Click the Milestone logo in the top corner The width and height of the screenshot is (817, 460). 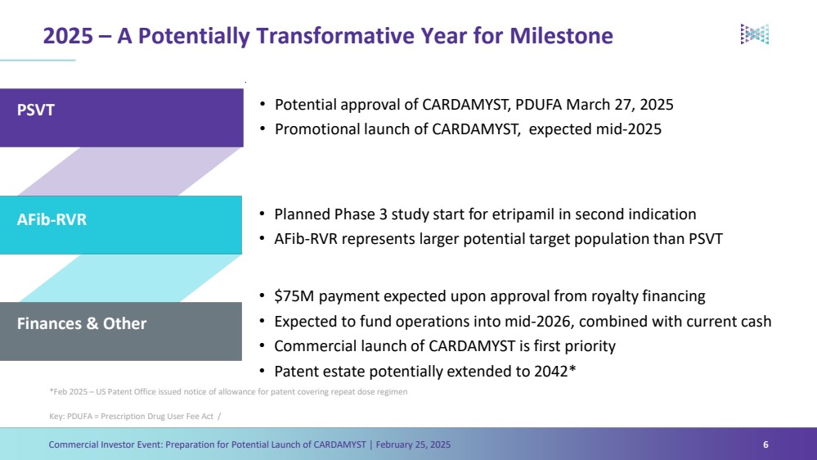755,34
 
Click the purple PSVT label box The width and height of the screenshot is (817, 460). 121,117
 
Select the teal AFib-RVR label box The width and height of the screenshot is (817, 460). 121,225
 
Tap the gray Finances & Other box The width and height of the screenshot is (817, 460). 121,331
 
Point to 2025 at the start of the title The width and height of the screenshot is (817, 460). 68,36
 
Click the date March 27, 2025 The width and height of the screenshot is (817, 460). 620,105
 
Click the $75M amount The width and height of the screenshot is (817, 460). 294,296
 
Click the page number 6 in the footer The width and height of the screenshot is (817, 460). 765,444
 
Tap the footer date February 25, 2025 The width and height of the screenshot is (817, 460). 413,444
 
